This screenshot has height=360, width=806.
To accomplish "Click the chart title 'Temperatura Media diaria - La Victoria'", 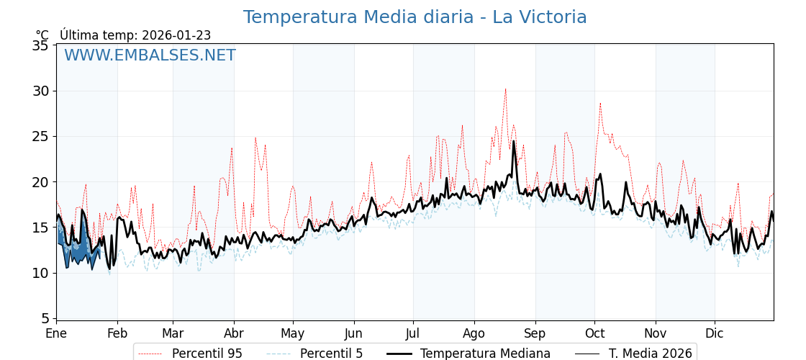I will click(x=415, y=17).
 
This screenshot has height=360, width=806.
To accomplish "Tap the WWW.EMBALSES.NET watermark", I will click(x=150, y=55).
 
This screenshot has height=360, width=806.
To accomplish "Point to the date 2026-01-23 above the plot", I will click(x=176, y=35).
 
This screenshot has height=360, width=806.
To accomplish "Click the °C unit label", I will click(x=42, y=35).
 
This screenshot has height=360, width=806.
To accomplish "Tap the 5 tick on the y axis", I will click(x=45, y=318).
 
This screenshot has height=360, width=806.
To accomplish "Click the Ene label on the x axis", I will click(x=56, y=333).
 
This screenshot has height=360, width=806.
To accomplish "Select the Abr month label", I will click(x=234, y=333).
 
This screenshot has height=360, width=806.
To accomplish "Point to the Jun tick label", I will click(x=353, y=333).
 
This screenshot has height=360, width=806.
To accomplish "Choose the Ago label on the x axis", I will click(x=474, y=333).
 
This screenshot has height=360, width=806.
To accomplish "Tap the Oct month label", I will click(x=594, y=333).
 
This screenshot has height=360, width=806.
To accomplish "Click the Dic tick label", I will click(x=715, y=333).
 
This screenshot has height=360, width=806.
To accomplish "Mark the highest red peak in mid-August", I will click(x=505, y=89).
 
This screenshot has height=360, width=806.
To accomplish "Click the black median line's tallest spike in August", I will click(x=514, y=141).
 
